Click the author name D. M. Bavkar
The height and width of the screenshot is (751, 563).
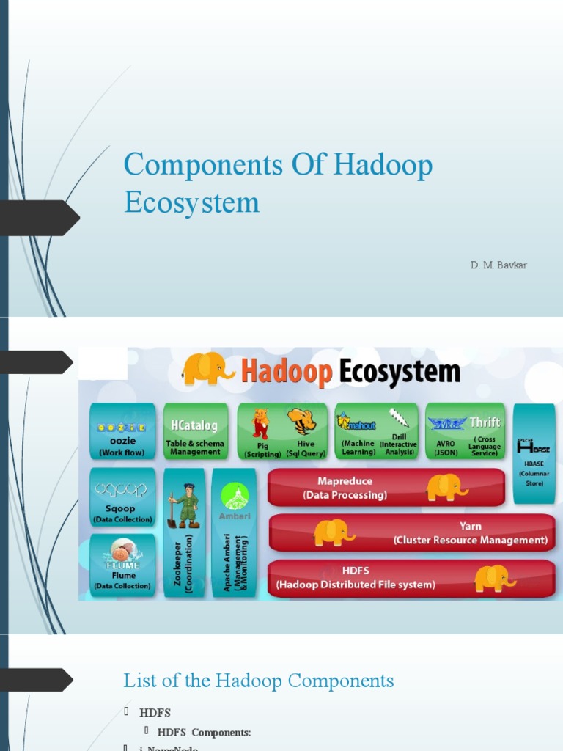coord(498,265)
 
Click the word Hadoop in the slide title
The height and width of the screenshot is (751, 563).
coord(383,165)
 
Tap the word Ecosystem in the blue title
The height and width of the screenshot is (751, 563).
coord(191,202)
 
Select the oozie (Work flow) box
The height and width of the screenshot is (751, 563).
coord(122,431)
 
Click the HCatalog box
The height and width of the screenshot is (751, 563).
coord(195,431)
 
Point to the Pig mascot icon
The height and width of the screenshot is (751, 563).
coord(260,423)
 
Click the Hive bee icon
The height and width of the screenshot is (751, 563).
coord(302,422)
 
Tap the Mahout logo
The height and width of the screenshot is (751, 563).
coord(356,422)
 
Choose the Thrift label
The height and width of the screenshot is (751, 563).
coord(485,422)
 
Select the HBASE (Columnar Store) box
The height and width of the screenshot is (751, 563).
coord(534,453)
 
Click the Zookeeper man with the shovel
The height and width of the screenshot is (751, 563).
coord(183,505)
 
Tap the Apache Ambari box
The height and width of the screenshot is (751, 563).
coord(235,532)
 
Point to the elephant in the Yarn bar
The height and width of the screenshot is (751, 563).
coord(334,532)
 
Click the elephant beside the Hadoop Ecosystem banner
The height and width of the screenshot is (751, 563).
coord(207,368)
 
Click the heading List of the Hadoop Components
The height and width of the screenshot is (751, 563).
coord(259,681)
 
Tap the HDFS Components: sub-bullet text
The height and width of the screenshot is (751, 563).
coord(204,733)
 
